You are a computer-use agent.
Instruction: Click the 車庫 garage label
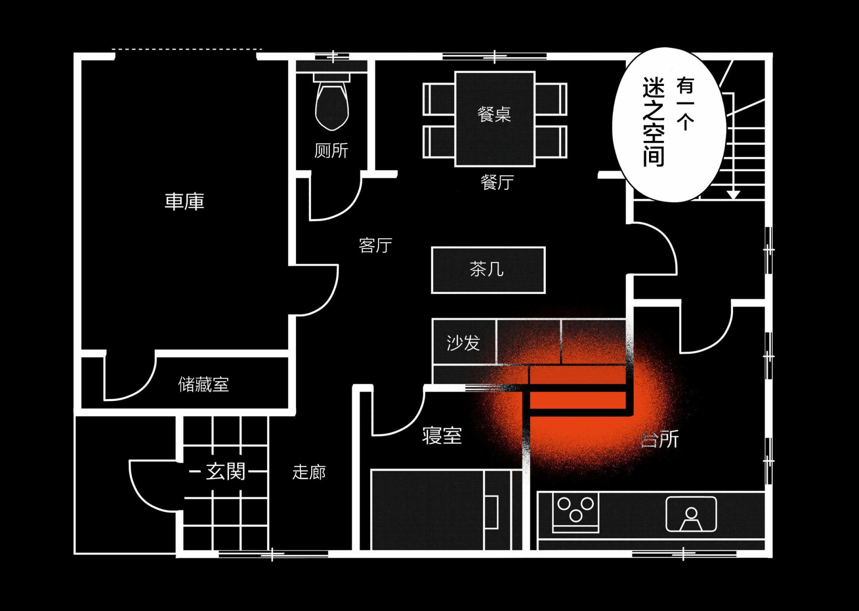(x=184, y=201)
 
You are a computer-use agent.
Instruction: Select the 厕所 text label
(x=331, y=150)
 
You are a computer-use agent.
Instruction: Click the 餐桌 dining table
(x=495, y=119)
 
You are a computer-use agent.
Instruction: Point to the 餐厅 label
(x=497, y=182)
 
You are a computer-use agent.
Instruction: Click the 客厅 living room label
(x=376, y=245)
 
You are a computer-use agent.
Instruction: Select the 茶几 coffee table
(x=488, y=270)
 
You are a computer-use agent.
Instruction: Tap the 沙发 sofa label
(x=463, y=343)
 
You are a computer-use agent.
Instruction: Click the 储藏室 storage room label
(x=204, y=384)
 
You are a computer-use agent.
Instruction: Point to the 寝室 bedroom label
(x=442, y=436)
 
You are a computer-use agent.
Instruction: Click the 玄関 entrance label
(x=226, y=472)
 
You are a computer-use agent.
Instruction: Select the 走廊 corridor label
(x=309, y=472)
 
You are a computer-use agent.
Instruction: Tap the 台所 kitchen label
(x=660, y=439)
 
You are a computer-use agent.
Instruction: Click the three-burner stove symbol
(x=576, y=512)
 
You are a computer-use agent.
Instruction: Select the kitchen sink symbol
(x=691, y=514)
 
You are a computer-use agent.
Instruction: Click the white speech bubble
(x=669, y=125)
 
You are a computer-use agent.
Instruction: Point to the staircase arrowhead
(x=733, y=195)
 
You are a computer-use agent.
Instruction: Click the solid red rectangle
(x=577, y=400)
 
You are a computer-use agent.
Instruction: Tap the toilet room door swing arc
(x=336, y=199)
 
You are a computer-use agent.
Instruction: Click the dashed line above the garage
(x=187, y=49)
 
